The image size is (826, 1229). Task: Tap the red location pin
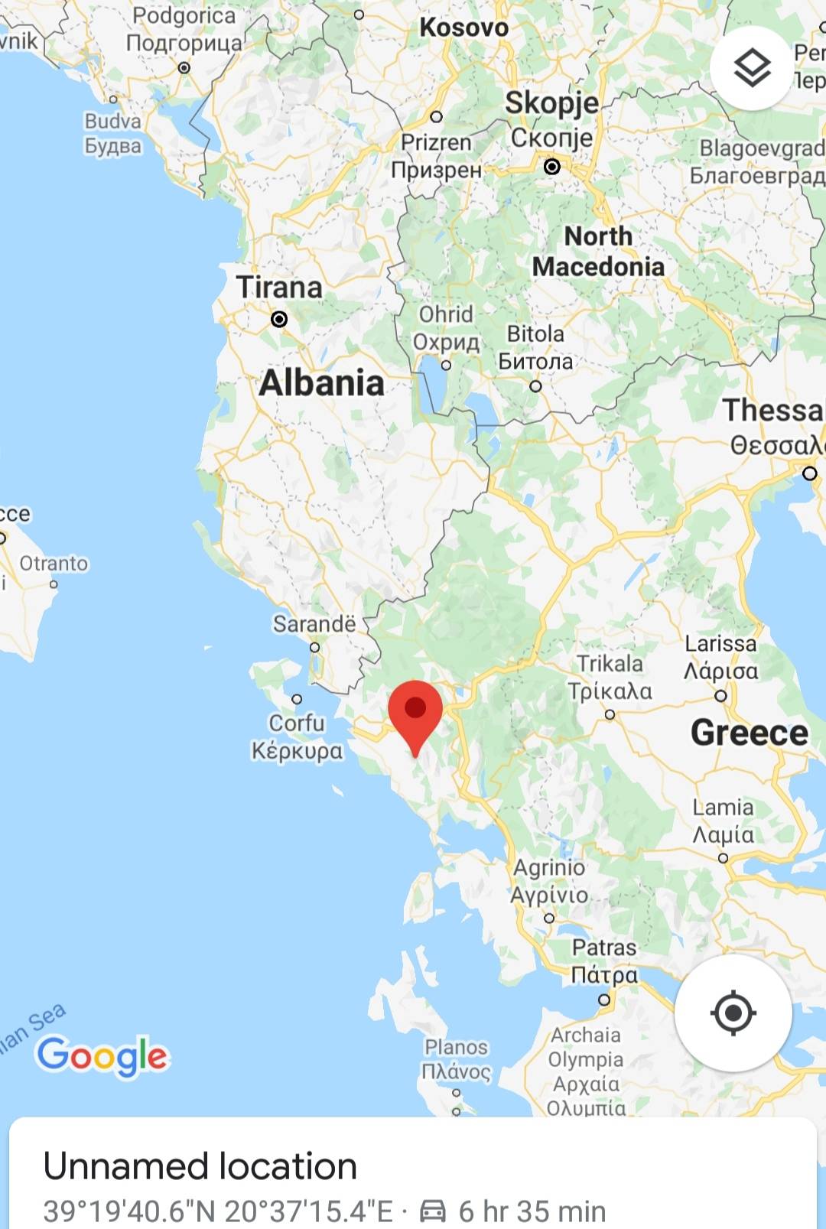[x=415, y=711]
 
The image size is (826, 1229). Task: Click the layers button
[x=752, y=68]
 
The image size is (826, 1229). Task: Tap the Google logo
[x=102, y=1055]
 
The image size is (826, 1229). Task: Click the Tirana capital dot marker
[x=279, y=319]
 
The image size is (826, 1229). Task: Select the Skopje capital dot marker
[x=551, y=166]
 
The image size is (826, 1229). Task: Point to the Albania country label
[x=321, y=382]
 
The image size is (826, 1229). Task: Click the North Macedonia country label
[x=598, y=252]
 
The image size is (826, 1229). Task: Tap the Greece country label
[x=749, y=733]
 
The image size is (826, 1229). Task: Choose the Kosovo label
[x=463, y=28]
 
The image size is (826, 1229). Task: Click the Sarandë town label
[x=314, y=624]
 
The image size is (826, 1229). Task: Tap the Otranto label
[x=54, y=564]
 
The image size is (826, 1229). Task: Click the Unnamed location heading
[x=200, y=1166]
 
